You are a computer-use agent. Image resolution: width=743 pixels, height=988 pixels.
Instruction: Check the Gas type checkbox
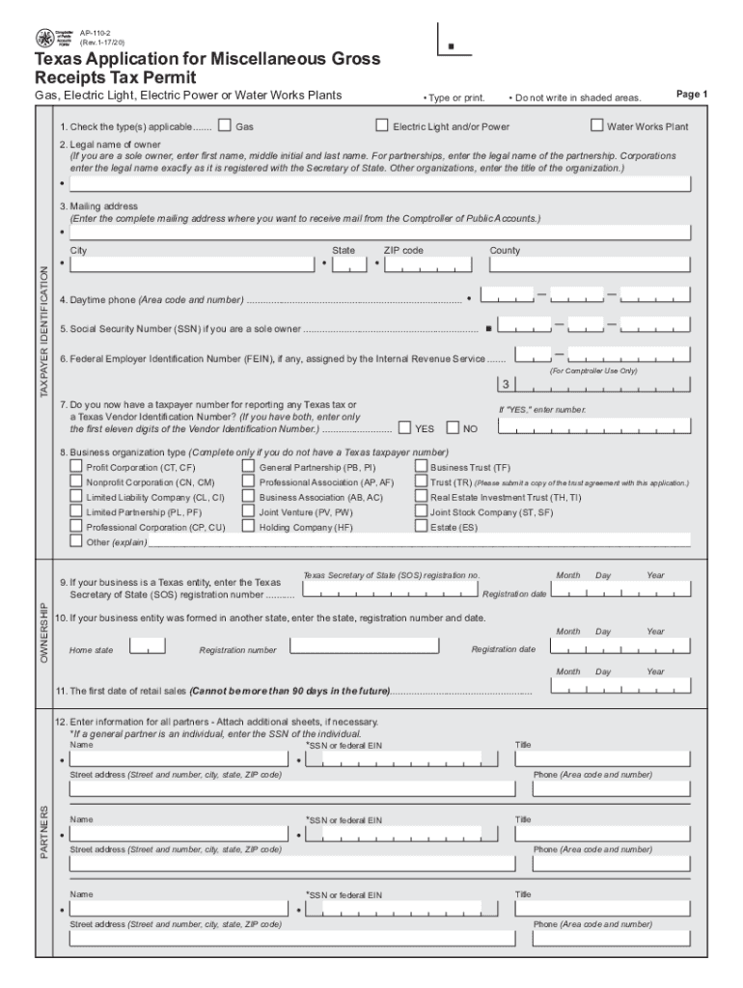pyautogui.click(x=225, y=125)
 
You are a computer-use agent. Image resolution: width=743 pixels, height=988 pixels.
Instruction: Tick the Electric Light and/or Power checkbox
pyautogui.click(x=382, y=125)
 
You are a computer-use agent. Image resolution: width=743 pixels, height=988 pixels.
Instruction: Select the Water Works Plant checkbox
pyautogui.click(x=597, y=125)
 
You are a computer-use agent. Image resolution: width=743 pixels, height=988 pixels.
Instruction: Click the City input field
pyautogui.click(x=192, y=263)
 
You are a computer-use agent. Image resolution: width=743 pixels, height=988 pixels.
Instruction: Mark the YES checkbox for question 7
pyautogui.click(x=405, y=428)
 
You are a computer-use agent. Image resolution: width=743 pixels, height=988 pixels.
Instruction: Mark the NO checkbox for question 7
pyautogui.click(x=454, y=428)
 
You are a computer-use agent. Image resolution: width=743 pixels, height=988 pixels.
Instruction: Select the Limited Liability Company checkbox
pyautogui.click(x=76, y=497)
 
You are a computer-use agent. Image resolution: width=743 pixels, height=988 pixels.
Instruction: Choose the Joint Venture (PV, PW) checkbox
pyautogui.click(x=248, y=512)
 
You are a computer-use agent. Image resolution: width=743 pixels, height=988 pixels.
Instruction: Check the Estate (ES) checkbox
pyautogui.click(x=421, y=527)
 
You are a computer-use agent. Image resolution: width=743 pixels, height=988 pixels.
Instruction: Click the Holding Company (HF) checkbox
pyautogui.click(x=248, y=527)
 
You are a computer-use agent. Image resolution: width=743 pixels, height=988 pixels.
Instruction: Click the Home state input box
pyautogui.click(x=148, y=645)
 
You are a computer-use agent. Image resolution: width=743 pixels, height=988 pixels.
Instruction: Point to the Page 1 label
pyautogui.click(x=692, y=95)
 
